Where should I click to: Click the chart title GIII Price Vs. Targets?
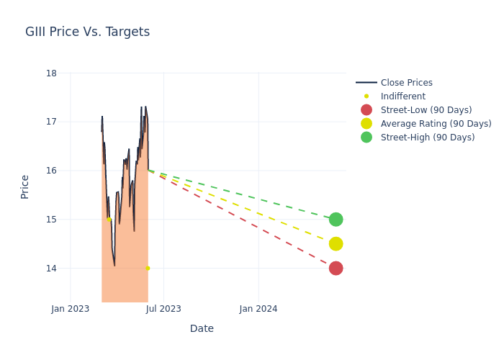(87, 32)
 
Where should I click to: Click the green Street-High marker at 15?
(336, 220)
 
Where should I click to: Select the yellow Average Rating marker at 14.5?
(336, 244)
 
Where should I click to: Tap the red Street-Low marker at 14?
(336, 269)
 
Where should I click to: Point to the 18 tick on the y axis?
(51, 73)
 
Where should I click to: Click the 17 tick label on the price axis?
(51, 122)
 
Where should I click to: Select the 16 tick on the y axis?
(51, 171)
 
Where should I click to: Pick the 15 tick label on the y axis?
(51, 220)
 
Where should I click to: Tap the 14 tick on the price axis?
(51, 269)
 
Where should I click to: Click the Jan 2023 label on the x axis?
(71, 309)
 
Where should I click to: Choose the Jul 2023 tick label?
(163, 309)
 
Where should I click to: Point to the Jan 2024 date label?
(258, 309)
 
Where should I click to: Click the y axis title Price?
(24, 186)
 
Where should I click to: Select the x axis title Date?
(202, 329)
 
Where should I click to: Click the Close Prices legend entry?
(406, 83)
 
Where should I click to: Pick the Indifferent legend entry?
(402, 96)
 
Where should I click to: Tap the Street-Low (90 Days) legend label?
(426, 110)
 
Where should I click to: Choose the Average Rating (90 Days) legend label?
(436, 124)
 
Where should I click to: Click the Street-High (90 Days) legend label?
(427, 138)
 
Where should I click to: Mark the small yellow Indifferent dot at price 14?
(148, 269)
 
